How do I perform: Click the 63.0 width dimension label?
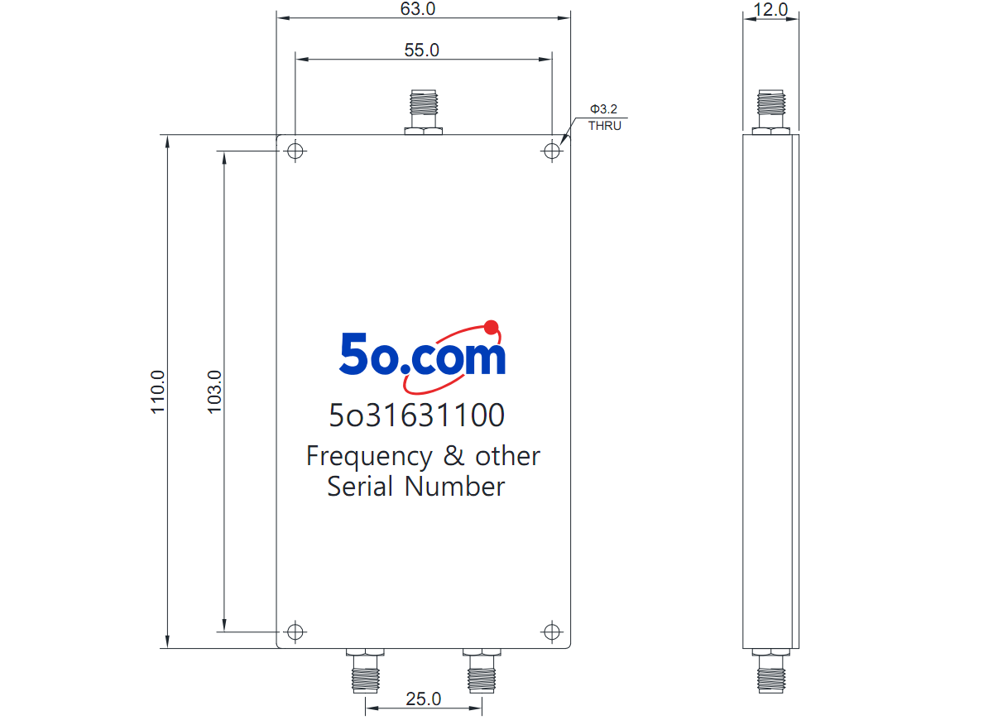pos(418,9)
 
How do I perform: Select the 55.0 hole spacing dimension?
pos(421,50)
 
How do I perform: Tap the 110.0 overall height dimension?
pos(157,392)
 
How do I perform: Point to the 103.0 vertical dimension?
pos(214,392)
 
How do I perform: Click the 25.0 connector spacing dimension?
pos(424,699)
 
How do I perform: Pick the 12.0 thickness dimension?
pos(770,10)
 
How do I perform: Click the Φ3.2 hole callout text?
pos(603,109)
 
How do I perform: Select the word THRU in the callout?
pos(605,126)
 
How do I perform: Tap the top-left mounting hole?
pos(295,151)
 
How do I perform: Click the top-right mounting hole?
pos(552,151)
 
